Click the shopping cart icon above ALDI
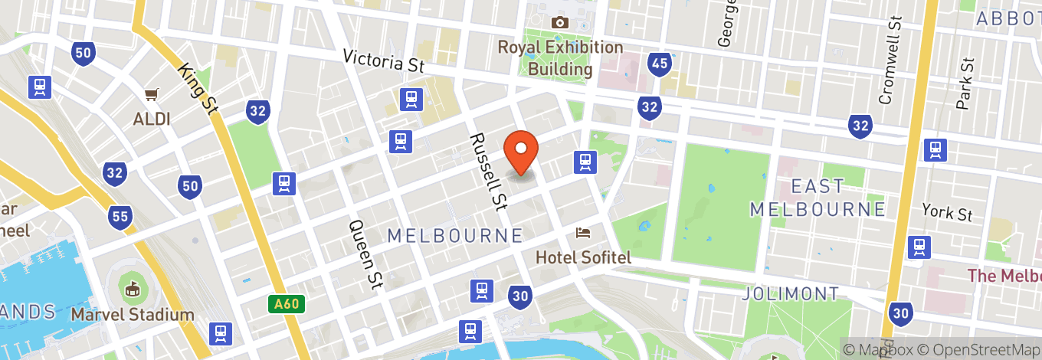point(151,95)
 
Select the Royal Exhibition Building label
point(560,58)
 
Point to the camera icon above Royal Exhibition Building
point(560,22)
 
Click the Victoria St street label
point(383,61)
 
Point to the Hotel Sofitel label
point(583,257)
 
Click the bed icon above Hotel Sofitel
point(584,232)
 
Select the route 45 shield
point(658,64)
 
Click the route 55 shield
point(120,218)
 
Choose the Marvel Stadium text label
point(133,315)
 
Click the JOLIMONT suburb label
point(791,293)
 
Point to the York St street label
point(947,212)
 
